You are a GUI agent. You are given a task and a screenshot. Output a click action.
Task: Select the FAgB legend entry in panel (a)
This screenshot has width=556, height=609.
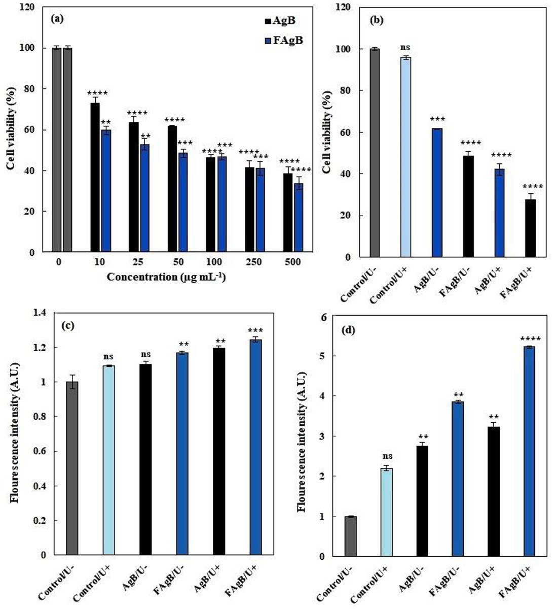click(283, 41)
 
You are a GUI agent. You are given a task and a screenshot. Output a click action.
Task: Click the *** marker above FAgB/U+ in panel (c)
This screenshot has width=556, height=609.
click(256, 331)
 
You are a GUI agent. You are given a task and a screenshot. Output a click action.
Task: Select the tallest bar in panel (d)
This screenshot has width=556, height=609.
click(530, 451)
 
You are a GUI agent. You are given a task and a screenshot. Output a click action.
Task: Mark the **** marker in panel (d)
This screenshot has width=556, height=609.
click(530, 339)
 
